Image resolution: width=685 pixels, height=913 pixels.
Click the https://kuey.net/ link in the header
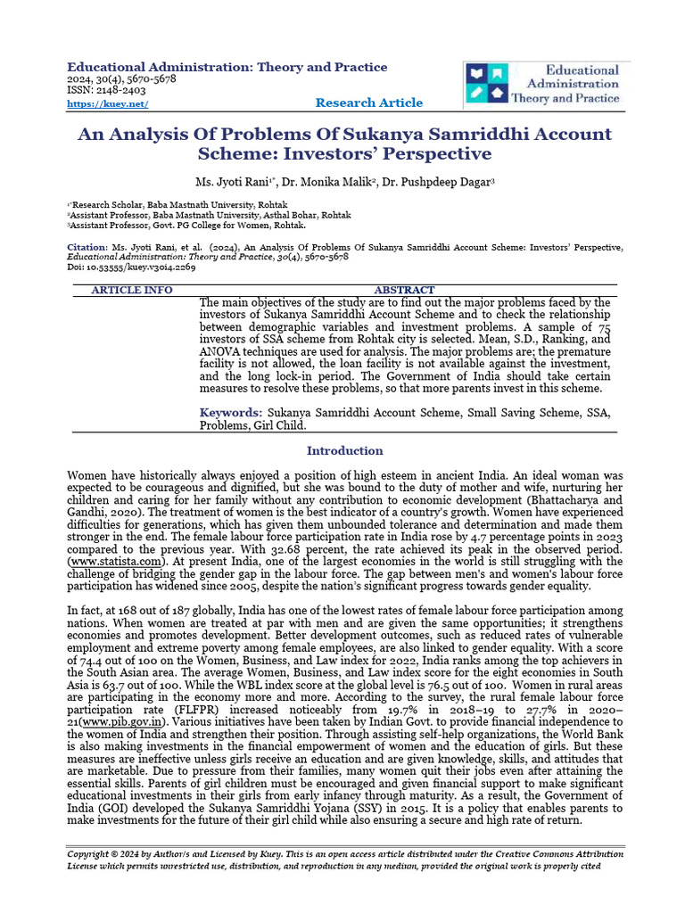tap(107, 104)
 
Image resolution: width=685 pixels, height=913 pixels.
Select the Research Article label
tap(368, 103)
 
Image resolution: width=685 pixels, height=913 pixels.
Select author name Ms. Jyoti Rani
tap(235, 183)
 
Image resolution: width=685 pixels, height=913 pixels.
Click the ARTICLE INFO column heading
tap(132, 290)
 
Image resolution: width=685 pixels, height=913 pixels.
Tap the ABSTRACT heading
tap(404, 290)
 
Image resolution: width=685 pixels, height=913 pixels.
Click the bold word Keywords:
tap(230, 413)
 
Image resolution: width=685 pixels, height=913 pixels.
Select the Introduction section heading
tap(344, 450)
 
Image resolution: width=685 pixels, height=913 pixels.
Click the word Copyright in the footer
tap(92, 853)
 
